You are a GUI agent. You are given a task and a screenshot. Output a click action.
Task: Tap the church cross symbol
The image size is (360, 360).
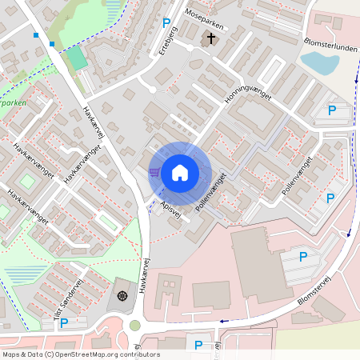pyautogui.click(x=211, y=38)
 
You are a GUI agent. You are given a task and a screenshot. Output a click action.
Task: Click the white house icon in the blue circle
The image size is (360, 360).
pyautogui.click(x=180, y=172)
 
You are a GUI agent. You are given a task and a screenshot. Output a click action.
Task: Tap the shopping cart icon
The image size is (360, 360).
pyautogui.click(x=154, y=171)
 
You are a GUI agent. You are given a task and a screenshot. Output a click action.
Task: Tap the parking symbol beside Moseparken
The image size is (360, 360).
pyautogui.click(x=166, y=24)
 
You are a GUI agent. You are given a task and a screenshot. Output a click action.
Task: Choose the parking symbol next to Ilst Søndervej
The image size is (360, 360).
pyautogui.click(x=64, y=323)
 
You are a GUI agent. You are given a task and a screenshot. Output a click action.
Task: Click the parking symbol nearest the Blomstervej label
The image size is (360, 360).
pyautogui.click(x=303, y=257)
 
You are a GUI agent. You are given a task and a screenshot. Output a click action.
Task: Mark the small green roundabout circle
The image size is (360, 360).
pyautogui.click(x=135, y=326)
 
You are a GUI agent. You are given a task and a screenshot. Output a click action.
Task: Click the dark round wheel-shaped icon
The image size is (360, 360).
pyautogui.click(x=122, y=296)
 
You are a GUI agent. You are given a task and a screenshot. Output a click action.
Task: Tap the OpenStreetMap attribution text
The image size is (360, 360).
pyautogui.click(x=81, y=354)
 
